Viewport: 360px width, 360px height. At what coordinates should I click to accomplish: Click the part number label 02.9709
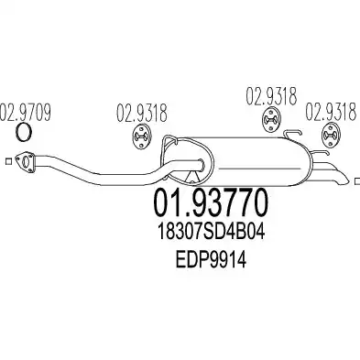[x=26, y=113]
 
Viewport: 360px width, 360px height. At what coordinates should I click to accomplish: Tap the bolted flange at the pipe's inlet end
[x=26, y=162]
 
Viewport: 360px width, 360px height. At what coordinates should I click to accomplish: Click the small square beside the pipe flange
[x=8, y=161]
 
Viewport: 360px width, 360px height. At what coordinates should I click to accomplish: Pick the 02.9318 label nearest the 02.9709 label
[x=142, y=113]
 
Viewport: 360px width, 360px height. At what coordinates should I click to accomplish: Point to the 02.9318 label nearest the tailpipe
[x=332, y=111]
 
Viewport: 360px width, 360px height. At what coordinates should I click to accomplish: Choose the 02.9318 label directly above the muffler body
[x=271, y=96]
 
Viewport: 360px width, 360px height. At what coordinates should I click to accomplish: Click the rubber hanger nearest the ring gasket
[x=142, y=137]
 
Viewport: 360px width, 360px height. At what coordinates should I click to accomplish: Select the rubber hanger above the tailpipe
[x=331, y=135]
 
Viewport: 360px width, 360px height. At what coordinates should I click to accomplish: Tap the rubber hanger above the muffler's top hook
[x=271, y=120]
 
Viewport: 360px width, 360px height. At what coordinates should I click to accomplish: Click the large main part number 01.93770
[x=212, y=202]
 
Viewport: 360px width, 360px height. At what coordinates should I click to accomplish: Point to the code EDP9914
[x=211, y=260]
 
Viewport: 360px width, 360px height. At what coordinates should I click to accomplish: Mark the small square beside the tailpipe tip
[x=357, y=181]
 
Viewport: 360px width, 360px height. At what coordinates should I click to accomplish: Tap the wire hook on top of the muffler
[x=292, y=132]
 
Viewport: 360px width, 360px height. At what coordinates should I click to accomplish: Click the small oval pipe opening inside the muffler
[x=201, y=164]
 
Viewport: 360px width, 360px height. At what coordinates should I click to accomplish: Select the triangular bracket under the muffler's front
[x=192, y=177]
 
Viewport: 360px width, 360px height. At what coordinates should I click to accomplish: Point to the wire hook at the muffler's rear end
[x=320, y=153]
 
